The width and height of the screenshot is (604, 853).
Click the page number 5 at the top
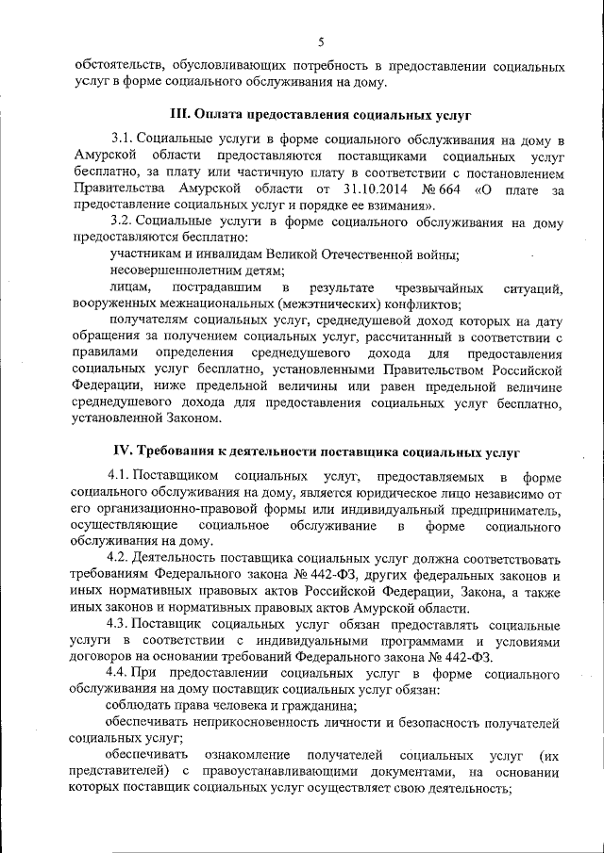point(320,42)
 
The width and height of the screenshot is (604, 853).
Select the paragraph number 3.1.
point(122,139)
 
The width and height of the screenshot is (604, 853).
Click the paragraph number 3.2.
point(122,221)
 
